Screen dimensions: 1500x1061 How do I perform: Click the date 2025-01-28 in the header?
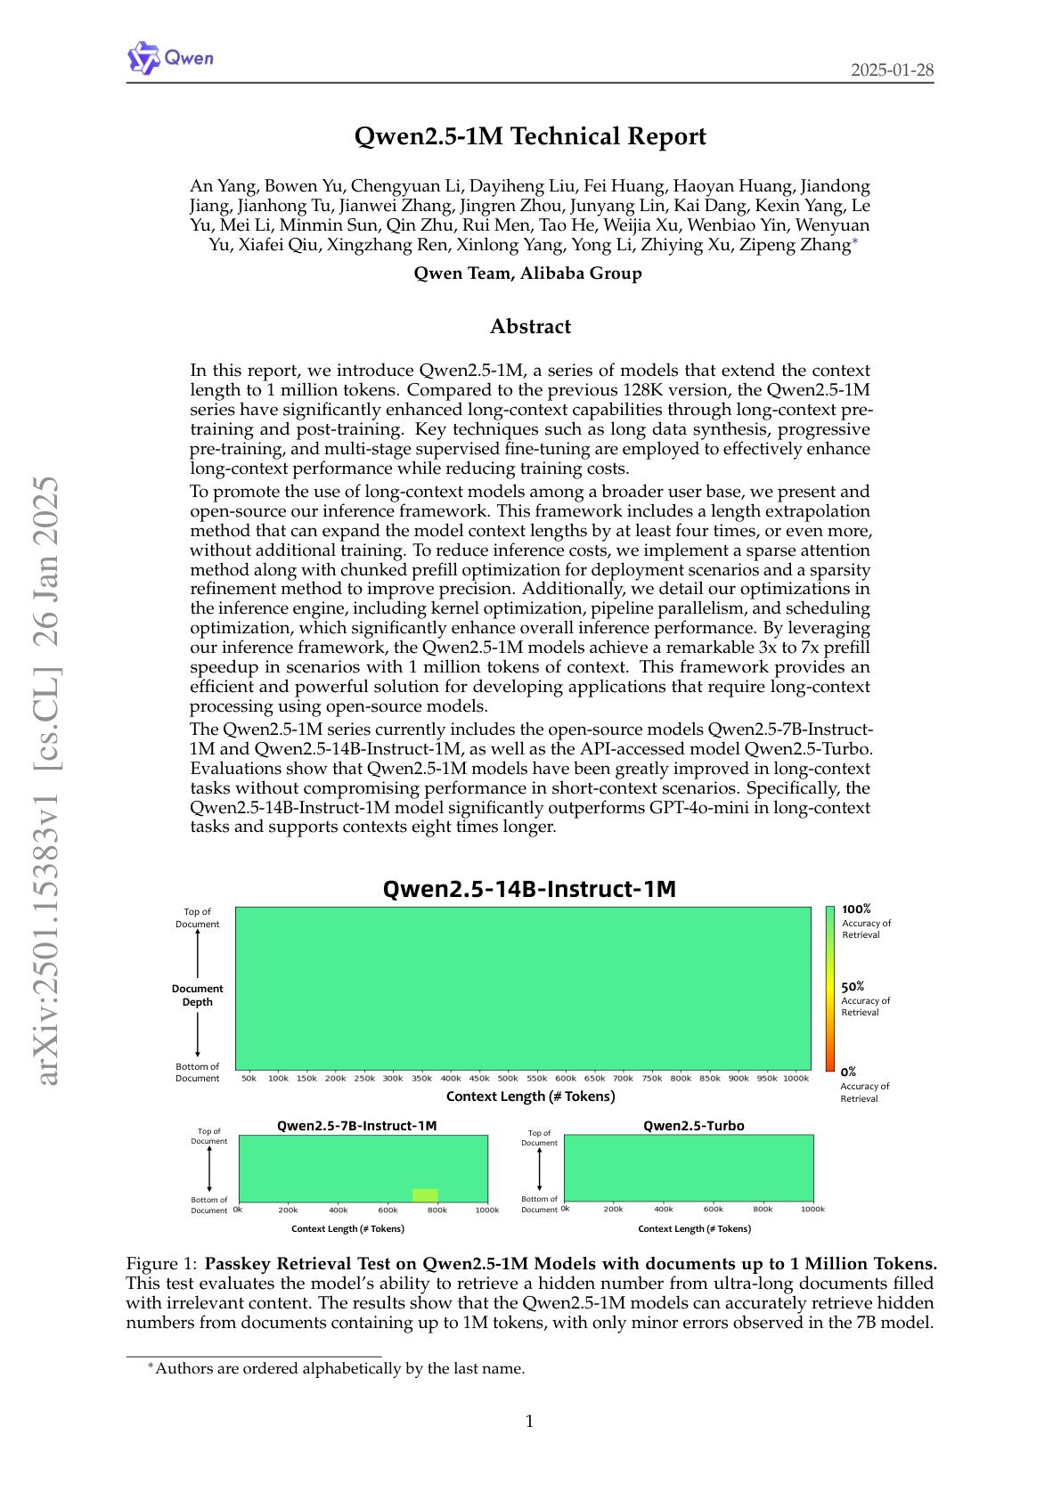(x=892, y=70)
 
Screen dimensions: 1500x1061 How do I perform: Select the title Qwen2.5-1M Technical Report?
(x=530, y=136)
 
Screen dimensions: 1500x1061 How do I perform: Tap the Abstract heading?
(x=530, y=326)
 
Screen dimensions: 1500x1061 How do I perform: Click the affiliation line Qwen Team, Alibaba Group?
(x=527, y=273)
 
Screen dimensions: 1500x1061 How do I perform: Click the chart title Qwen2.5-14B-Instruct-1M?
(x=529, y=889)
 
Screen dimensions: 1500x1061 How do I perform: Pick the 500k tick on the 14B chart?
(x=508, y=1079)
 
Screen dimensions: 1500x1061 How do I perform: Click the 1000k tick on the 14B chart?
(x=796, y=1079)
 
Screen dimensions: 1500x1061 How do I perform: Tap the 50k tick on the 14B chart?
(x=249, y=1079)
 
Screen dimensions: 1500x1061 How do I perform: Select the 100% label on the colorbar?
(x=856, y=909)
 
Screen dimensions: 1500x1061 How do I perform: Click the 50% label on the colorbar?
(x=853, y=987)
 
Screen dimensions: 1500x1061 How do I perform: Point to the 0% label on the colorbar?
(x=848, y=1072)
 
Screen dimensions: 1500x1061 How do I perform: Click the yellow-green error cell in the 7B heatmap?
(x=425, y=1195)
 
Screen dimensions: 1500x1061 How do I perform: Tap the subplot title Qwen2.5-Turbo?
(x=693, y=1126)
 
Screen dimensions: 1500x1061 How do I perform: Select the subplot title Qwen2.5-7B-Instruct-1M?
(x=356, y=1126)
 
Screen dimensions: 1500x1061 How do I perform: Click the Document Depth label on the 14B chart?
(x=198, y=995)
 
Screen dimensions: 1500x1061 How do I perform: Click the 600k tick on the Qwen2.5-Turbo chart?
(x=714, y=1210)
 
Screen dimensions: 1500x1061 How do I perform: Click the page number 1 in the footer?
(x=530, y=1422)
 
